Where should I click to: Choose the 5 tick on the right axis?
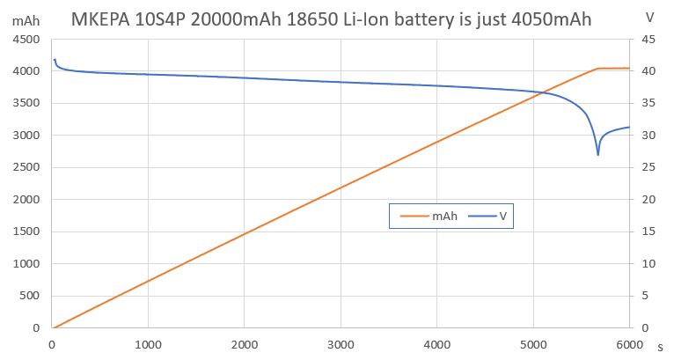[x=644, y=297]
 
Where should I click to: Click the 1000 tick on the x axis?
[x=149, y=344]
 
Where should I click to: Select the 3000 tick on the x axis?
[x=341, y=344]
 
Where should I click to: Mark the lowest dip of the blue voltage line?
[x=598, y=155]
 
